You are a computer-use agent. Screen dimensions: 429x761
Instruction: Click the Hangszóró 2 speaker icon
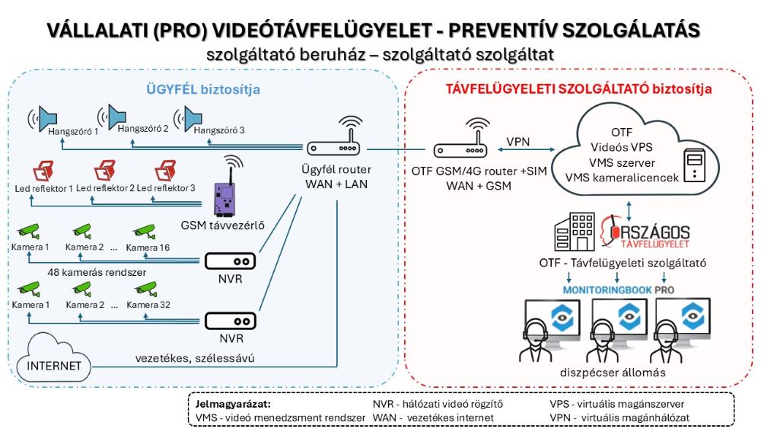(116, 117)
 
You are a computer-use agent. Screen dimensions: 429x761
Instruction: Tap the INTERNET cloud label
(54, 365)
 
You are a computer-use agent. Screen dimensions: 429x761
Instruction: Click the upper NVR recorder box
(231, 261)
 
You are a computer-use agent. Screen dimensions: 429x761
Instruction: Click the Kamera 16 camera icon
(143, 229)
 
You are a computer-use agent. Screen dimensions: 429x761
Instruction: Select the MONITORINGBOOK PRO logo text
(618, 290)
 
